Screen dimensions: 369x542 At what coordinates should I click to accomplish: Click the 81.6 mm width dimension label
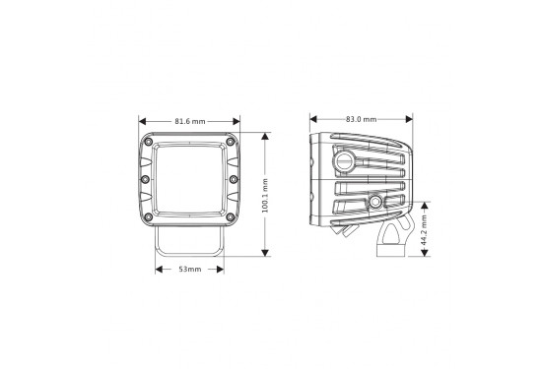pyautogui.click(x=189, y=121)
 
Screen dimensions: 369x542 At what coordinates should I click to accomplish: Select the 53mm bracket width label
pyautogui.click(x=189, y=268)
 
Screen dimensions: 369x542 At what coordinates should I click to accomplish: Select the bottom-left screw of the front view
pyautogui.click(x=148, y=215)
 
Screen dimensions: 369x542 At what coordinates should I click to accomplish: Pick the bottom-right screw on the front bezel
pyautogui.click(x=231, y=215)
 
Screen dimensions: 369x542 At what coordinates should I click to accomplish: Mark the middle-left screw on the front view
pyautogui.click(x=146, y=179)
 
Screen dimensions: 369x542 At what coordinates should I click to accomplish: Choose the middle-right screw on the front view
pyautogui.click(x=233, y=179)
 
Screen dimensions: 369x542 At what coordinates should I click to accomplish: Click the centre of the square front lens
pyautogui.click(x=189, y=179)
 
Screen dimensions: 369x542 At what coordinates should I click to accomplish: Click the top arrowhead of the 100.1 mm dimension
pyautogui.click(x=265, y=135)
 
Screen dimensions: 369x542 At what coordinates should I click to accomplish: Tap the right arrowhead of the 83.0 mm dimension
pyautogui.click(x=410, y=120)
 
